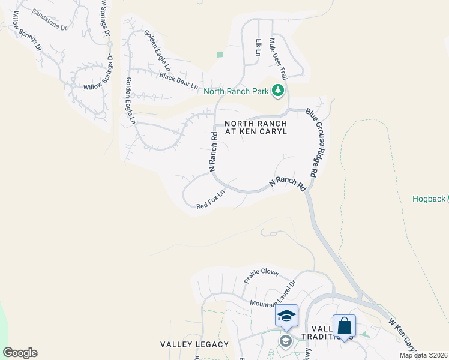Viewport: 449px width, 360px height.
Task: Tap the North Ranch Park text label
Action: pos(237,92)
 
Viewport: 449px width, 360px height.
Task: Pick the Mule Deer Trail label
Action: pos(279,59)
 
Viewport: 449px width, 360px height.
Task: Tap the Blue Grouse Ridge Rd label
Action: pos(312,142)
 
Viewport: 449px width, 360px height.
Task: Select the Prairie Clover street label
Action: pos(262,275)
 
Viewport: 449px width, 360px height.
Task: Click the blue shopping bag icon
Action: pos(344,326)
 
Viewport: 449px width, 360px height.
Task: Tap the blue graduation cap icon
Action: pos(286,315)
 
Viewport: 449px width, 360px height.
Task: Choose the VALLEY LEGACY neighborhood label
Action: pos(194,344)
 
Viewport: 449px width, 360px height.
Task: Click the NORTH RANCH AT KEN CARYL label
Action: pos(255,127)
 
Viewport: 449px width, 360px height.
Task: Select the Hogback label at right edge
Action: pos(430,199)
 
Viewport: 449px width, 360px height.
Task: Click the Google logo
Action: pos(20,353)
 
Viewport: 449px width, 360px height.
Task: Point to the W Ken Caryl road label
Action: pos(403,334)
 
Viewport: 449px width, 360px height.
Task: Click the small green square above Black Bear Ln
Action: pos(220,55)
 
